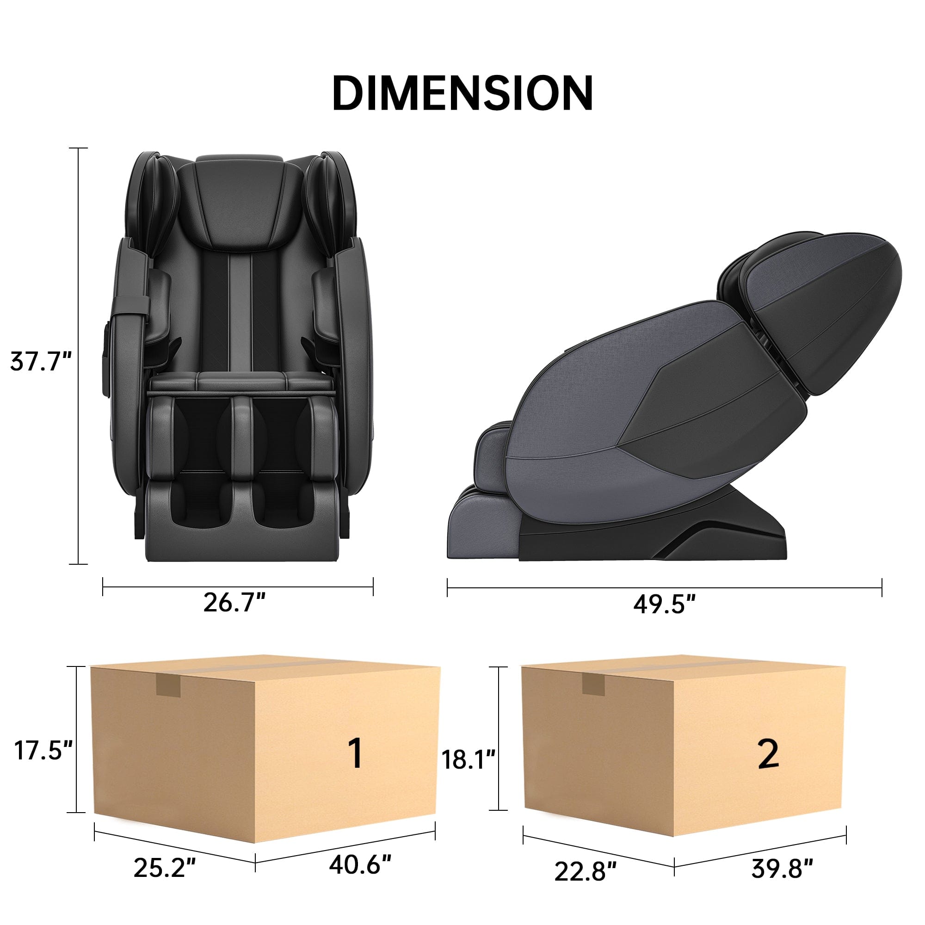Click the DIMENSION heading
(462, 94)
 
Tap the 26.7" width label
(234, 602)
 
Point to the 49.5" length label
(665, 604)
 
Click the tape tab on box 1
(168, 688)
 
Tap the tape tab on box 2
(593, 686)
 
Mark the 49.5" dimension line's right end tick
(882, 587)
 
